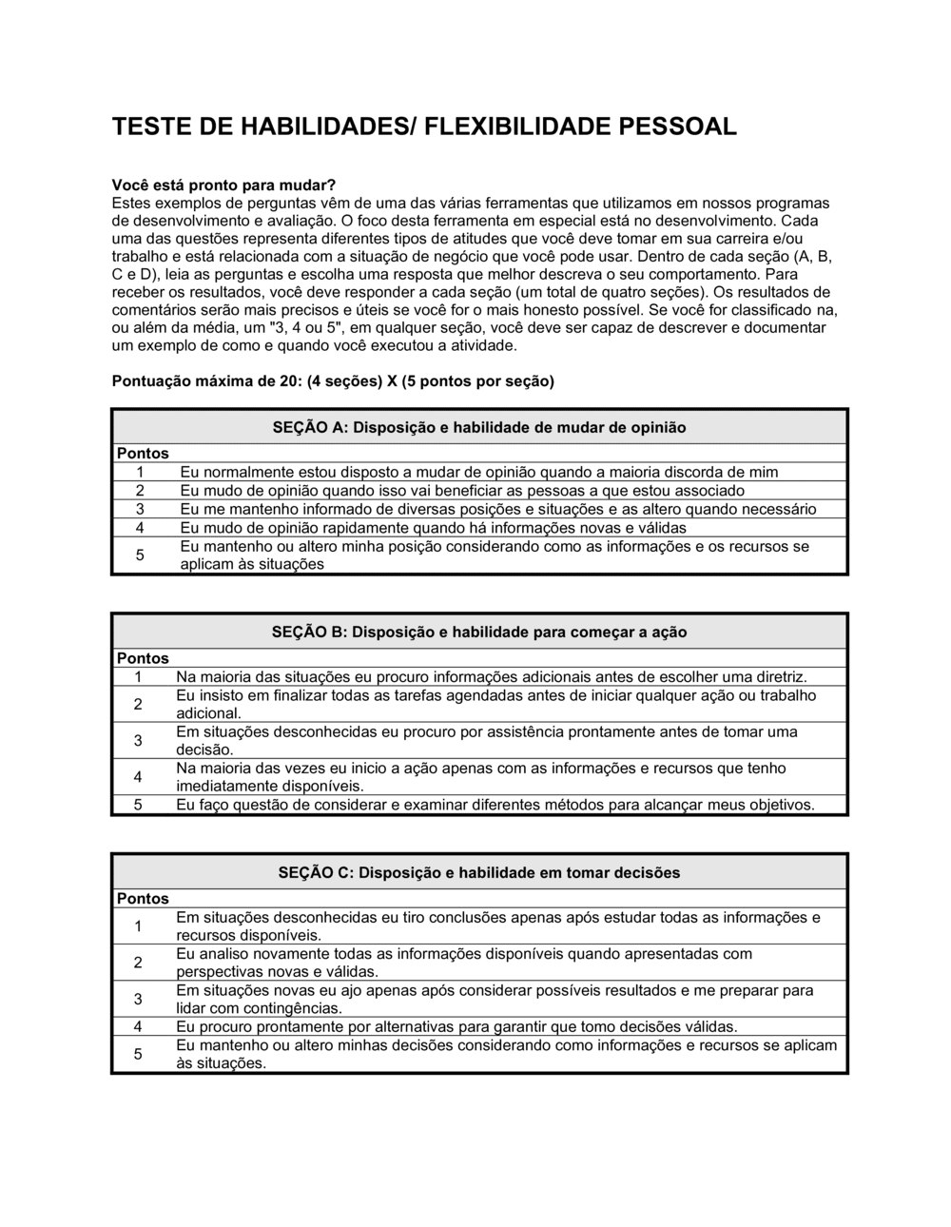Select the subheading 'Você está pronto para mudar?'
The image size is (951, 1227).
[224, 185]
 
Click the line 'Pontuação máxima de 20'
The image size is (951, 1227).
[333, 381]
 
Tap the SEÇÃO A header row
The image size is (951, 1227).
[479, 428]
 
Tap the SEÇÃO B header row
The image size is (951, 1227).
[479, 633]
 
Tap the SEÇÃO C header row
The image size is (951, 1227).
[479, 873]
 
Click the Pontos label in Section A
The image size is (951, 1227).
[143, 454]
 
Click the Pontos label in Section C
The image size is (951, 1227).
[143, 899]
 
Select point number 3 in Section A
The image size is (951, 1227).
[140, 509]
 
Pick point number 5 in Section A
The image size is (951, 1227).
[140, 555]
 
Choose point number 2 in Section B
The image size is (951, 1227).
[138, 705]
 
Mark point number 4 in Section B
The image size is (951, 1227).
[138, 777]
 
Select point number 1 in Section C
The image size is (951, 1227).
[138, 926]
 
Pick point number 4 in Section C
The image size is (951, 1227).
[138, 1027]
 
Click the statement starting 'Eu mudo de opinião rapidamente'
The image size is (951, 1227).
[433, 528]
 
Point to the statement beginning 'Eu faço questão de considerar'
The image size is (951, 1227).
[495, 806]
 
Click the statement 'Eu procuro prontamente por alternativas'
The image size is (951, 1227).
[456, 1027]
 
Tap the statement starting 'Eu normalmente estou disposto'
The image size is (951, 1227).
[478, 472]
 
